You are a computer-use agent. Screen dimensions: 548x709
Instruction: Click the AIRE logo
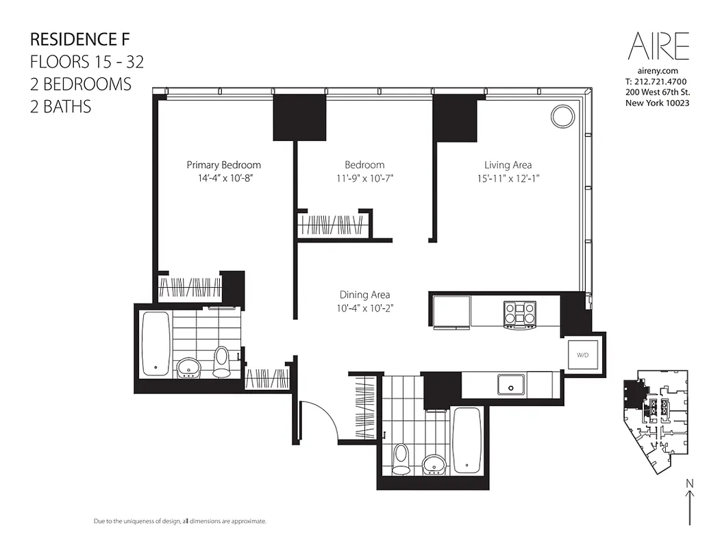point(658,47)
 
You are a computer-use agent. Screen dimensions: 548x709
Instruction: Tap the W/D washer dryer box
point(583,355)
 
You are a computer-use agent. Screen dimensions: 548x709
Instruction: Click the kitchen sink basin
point(511,385)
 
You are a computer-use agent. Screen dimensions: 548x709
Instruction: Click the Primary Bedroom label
point(223,165)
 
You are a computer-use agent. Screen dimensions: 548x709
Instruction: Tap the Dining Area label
point(364,295)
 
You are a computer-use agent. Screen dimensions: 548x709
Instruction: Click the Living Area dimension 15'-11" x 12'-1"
point(508,178)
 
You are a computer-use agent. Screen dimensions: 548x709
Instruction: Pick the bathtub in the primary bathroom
point(156,343)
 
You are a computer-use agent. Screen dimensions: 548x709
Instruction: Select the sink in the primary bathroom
point(188,368)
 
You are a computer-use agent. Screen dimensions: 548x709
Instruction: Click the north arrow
point(689,504)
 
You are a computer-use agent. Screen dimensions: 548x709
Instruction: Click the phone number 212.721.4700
point(657,82)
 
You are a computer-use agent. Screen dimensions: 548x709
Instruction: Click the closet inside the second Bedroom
point(334,225)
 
